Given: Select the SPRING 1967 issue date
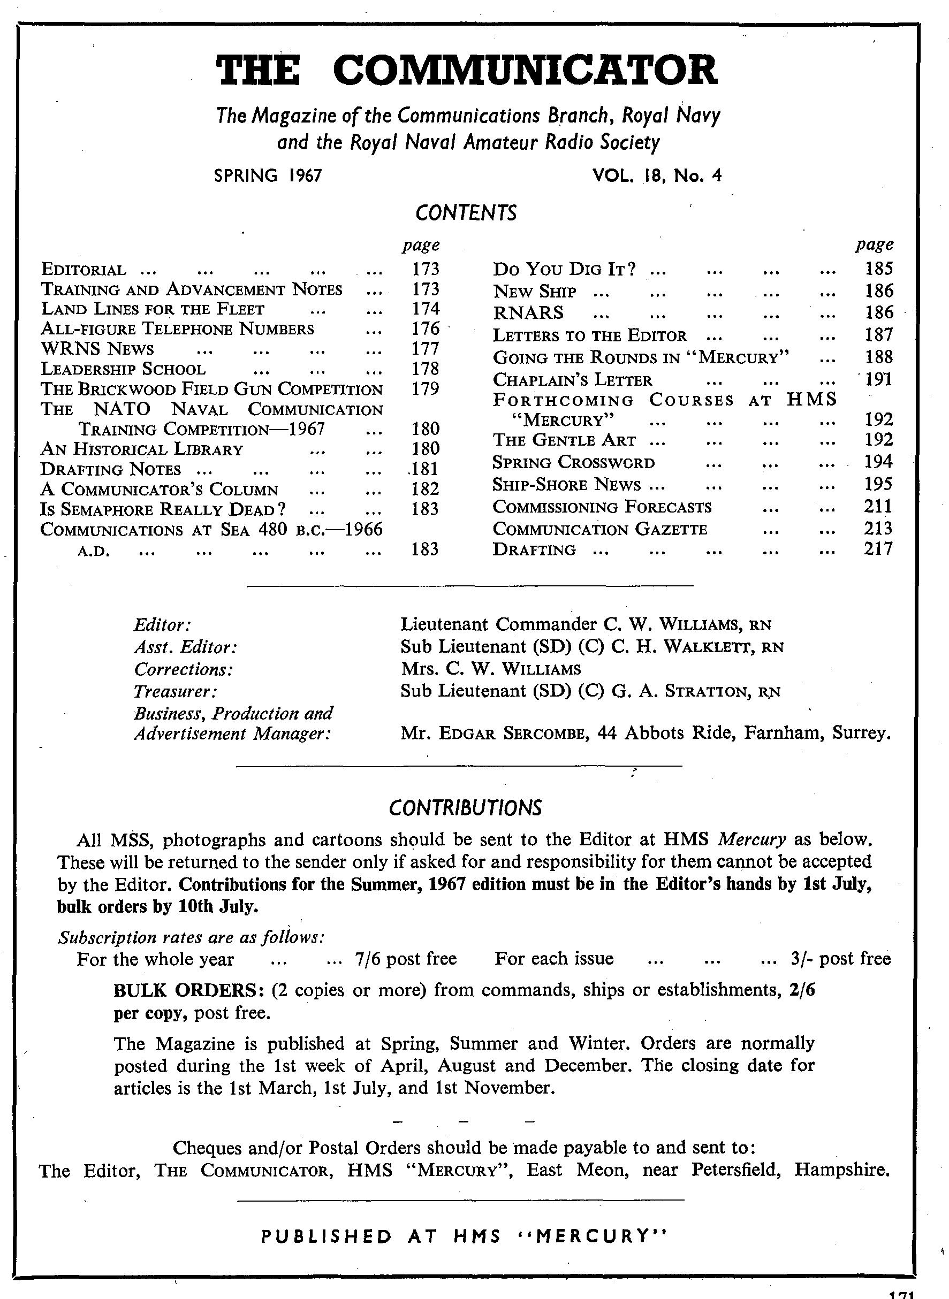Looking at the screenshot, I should (x=268, y=175).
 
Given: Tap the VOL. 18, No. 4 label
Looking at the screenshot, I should (x=656, y=175).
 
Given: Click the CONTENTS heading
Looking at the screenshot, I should (x=466, y=213).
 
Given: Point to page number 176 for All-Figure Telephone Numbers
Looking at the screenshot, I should (x=425, y=328).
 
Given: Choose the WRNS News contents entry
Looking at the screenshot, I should (x=97, y=349).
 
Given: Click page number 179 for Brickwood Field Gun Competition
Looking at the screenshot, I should (x=425, y=389).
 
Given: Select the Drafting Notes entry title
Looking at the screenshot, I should (x=111, y=469).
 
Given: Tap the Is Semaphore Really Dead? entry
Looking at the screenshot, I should (x=164, y=509).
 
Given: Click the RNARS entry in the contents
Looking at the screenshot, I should (x=528, y=313).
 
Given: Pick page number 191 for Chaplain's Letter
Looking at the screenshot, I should (x=878, y=380).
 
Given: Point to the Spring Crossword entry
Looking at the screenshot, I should (x=573, y=462).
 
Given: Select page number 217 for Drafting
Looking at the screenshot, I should (x=878, y=549).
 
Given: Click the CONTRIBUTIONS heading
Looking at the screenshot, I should (x=465, y=808).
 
